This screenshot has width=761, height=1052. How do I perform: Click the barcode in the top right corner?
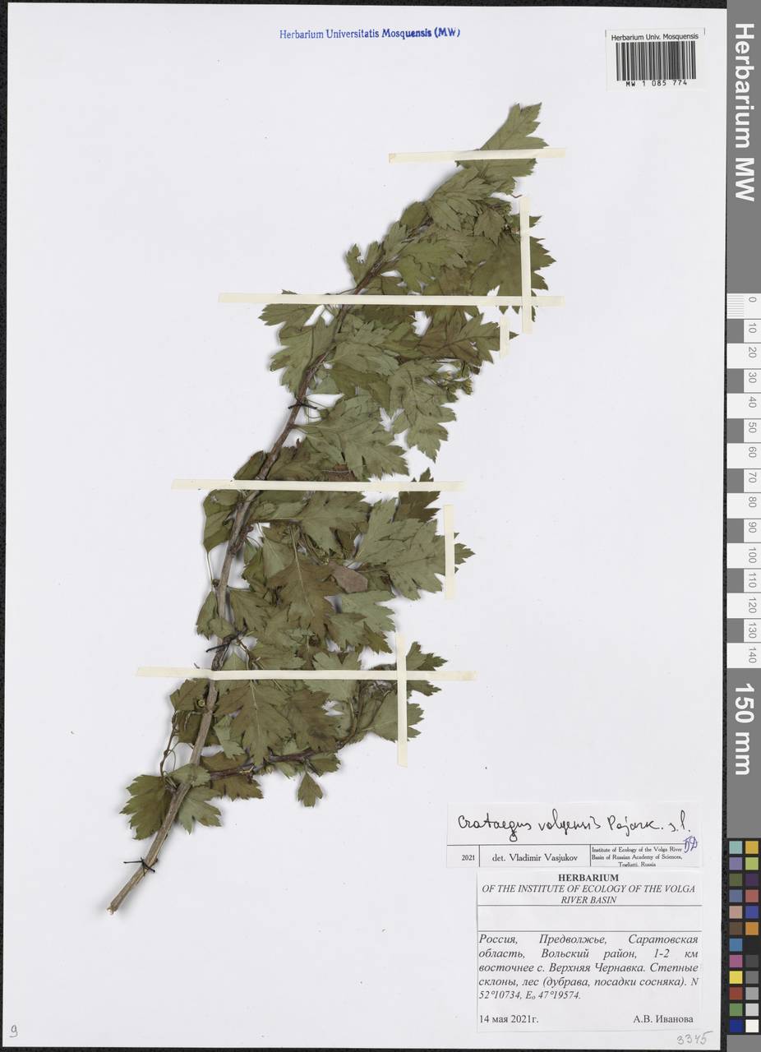(655, 59)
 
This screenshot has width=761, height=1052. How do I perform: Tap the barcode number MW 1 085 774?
(655, 84)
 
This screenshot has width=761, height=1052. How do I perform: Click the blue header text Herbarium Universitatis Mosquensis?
(369, 34)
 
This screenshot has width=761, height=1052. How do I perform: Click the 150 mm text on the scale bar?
(743, 728)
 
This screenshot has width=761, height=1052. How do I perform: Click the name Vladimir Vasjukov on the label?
(536, 857)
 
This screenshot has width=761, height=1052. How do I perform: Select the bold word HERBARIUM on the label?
(589, 878)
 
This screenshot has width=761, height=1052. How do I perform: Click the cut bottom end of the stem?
(111, 909)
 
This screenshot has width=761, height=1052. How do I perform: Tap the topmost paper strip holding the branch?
(477, 155)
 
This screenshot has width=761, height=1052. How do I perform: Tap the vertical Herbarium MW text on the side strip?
(743, 111)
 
